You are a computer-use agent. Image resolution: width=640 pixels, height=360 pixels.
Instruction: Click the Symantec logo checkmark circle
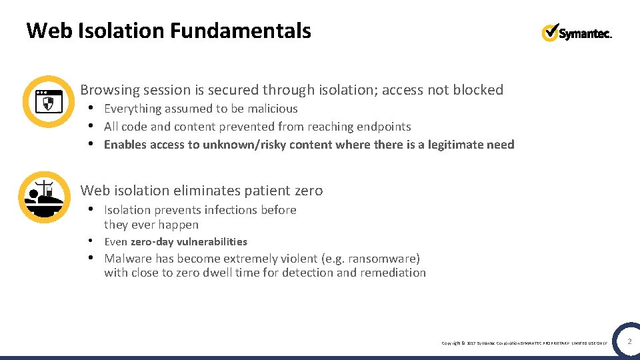(x=551, y=32)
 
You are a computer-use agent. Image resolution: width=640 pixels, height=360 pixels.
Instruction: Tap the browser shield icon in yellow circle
(x=48, y=101)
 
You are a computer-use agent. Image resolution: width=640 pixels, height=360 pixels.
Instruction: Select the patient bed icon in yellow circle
(x=45, y=197)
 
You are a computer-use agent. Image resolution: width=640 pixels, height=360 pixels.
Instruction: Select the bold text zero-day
(x=154, y=242)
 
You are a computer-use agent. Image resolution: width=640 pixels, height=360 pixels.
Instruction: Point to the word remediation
(x=392, y=273)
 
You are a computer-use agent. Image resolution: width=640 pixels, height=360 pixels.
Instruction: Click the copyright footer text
(x=524, y=343)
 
